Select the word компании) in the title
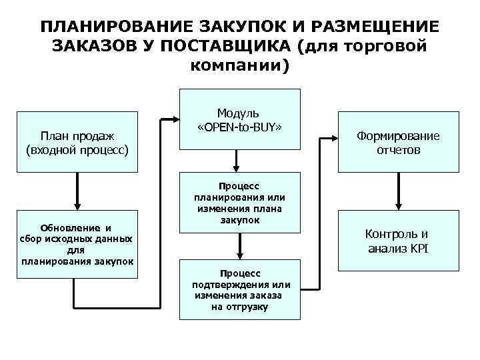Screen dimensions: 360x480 [240, 67]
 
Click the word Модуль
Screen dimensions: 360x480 [238, 113]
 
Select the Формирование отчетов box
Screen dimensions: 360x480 [398, 143]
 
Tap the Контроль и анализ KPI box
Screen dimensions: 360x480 [398, 241]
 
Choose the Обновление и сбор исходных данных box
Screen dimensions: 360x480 [77, 244]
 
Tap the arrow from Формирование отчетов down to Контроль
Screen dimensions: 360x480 [398, 193]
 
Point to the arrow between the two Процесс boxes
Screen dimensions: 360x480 [239, 246]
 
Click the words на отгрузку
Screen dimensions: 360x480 [239, 307]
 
